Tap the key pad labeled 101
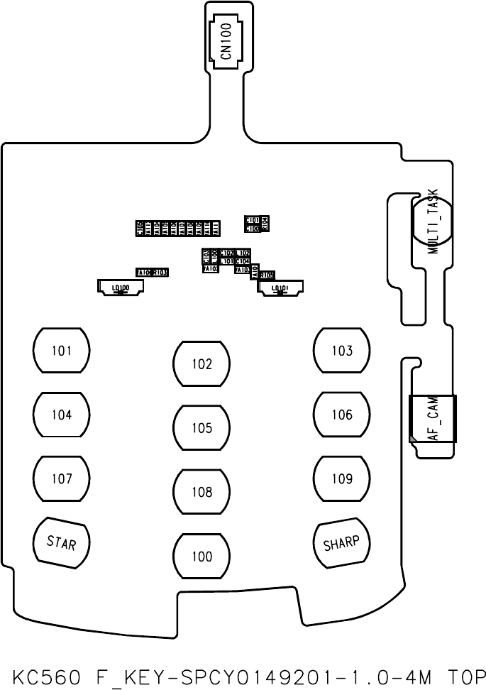pos(62,351)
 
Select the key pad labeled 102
pos(201,364)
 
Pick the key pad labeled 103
pos(342,351)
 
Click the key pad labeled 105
pos(201,428)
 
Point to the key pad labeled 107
pos(62,479)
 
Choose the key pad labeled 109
pos(342,479)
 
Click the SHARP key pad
pos(342,544)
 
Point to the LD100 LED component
pos(121,287)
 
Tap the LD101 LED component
pos(280,287)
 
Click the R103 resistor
pos(161,273)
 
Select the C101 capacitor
pos(252,221)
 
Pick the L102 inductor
pos(243,253)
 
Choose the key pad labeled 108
pos(201,492)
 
